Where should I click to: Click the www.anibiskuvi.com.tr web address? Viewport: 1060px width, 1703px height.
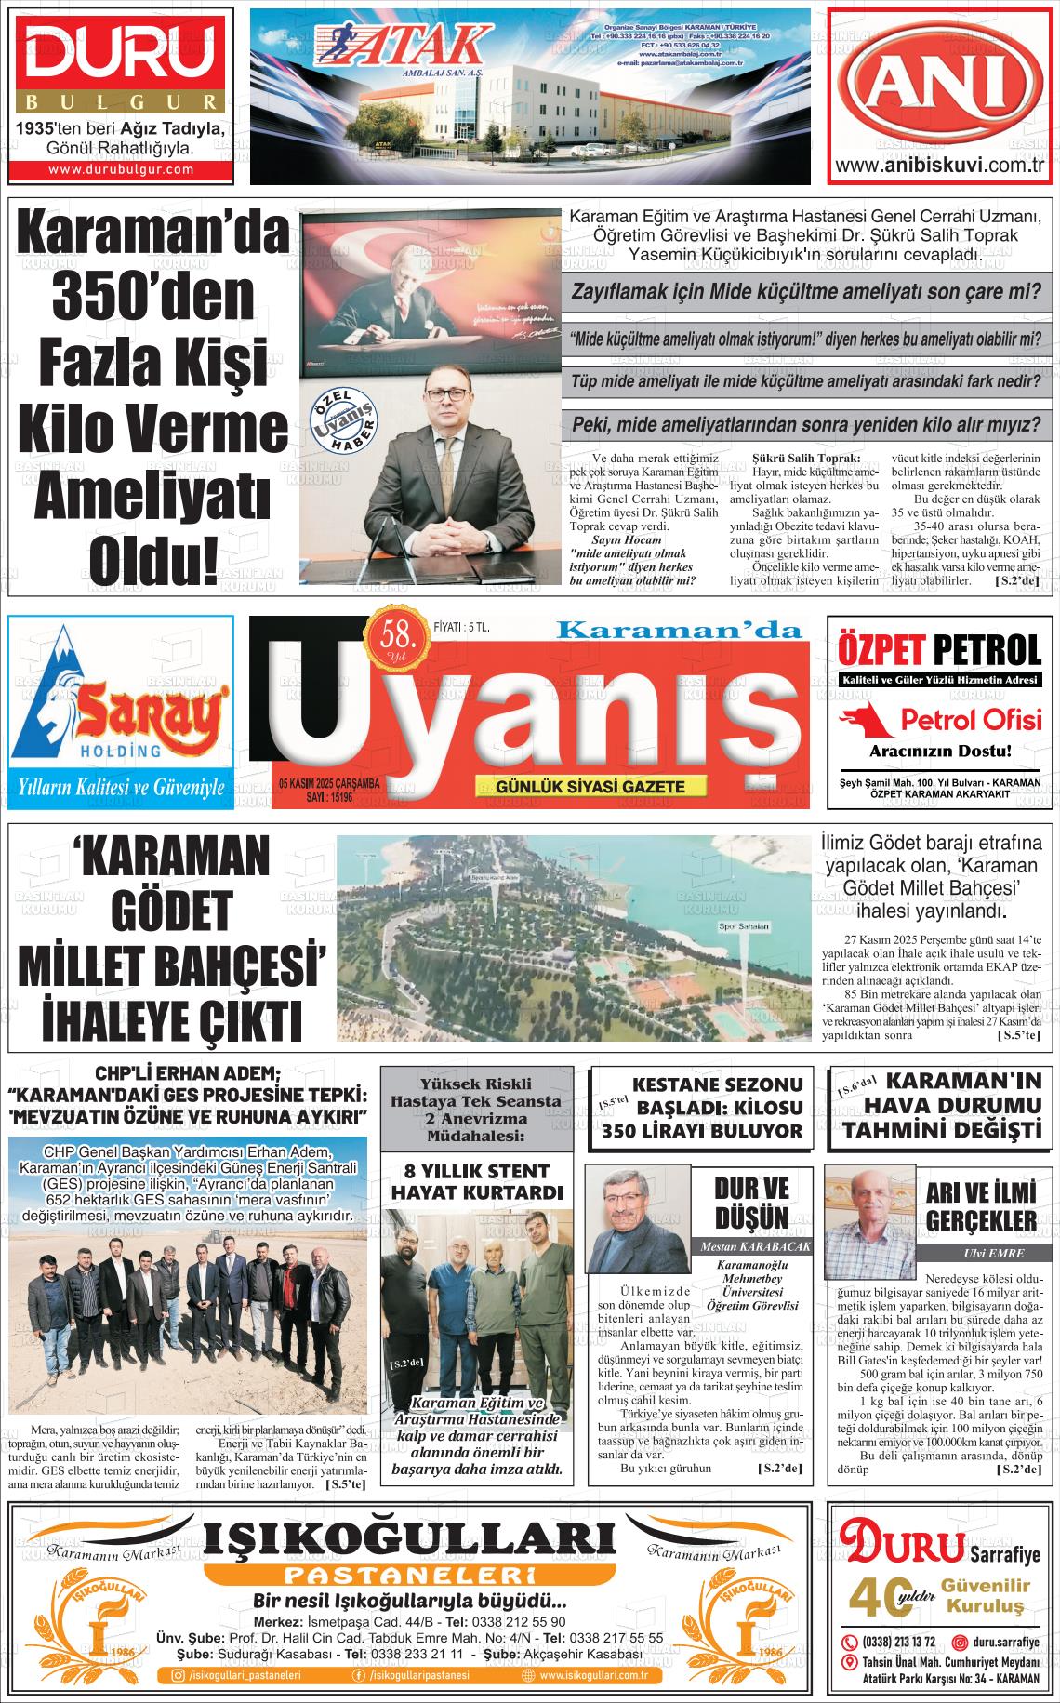pyautogui.click(x=941, y=166)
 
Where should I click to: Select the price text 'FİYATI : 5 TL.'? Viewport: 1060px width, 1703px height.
pyautogui.click(x=462, y=628)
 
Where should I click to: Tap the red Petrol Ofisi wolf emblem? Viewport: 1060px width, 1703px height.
pyautogui.click(x=866, y=719)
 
